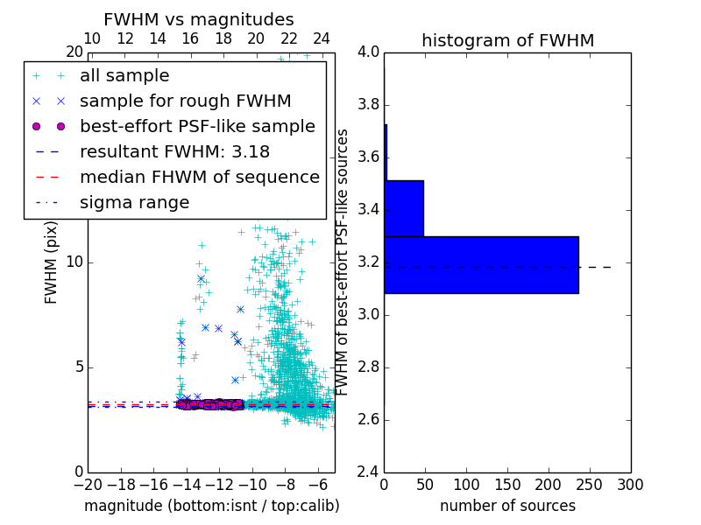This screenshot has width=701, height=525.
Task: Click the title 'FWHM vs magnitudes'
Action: [x=199, y=19]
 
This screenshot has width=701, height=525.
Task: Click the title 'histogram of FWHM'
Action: [x=507, y=40]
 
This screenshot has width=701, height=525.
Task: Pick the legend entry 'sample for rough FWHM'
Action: [x=185, y=101]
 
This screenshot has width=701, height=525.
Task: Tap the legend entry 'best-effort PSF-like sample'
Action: [x=197, y=127]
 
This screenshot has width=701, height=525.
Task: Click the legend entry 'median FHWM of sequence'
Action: [x=199, y=178]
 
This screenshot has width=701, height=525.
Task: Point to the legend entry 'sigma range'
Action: [x=134, y=203]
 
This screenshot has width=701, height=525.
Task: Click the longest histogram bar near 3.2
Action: [x=481, y=264]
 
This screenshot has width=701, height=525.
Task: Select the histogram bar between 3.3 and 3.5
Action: [x=404, y=208]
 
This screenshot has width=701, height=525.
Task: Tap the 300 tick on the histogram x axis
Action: [x=630, y=483]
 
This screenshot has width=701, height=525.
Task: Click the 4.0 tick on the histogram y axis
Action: [x=369, y=52]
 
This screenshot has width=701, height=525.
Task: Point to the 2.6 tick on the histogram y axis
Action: [x=369, y=420]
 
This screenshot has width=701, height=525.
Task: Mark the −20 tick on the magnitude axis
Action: [x=88, y=483]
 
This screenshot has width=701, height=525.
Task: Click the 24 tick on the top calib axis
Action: [x=322, y=38]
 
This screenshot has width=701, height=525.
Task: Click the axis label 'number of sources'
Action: [x=507, y=506]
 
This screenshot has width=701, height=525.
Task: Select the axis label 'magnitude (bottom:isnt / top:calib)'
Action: [x=211, y=506]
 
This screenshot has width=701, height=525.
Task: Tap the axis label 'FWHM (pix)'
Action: [x=52, y=262]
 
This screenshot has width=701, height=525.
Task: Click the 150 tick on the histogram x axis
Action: [x=507, y=483]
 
